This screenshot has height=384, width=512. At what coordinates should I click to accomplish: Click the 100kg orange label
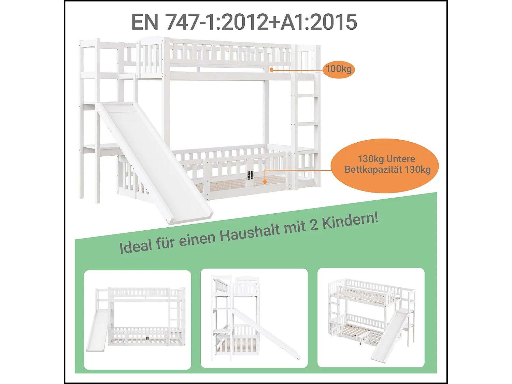point(339,69)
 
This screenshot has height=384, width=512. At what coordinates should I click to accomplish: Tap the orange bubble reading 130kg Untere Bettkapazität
point(385,165)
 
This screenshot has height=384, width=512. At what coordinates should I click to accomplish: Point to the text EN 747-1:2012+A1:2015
point(244,22)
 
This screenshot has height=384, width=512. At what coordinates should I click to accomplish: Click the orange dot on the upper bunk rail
point(271,70)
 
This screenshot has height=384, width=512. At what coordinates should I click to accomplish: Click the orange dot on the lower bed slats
point(265,182)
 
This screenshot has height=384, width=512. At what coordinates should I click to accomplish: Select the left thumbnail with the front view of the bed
point(138,320)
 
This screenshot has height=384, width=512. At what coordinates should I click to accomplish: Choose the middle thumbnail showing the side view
point(254,318)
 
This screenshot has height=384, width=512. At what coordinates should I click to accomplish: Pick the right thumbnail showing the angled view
point(371,317)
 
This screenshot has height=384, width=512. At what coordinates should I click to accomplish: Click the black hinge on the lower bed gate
point(250,175)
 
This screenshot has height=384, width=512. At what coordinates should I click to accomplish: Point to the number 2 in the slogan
point(313,225)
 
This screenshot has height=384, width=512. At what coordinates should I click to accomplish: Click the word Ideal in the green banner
point(136,246)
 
